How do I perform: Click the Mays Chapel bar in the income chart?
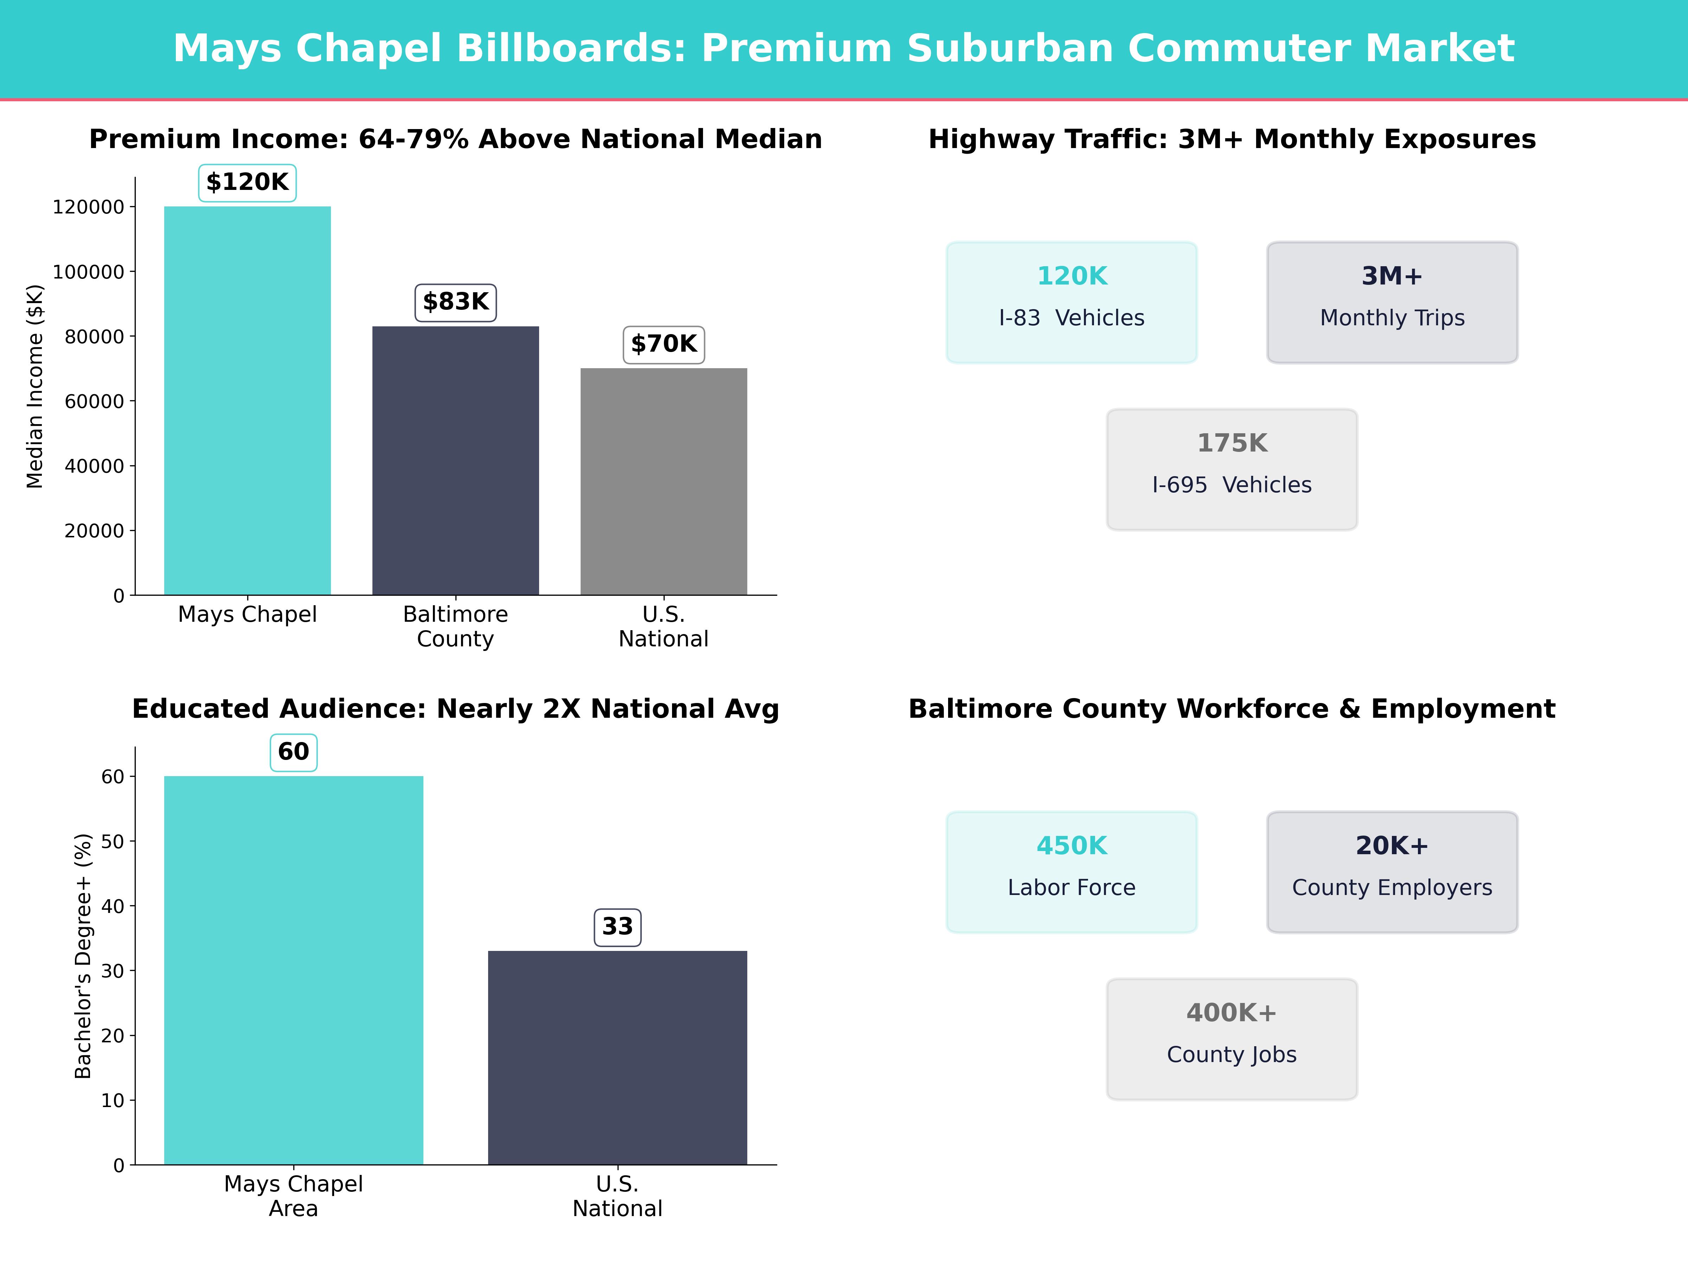coord(247,401)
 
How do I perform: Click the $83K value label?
coord(455,302)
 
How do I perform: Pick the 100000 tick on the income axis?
coord(88,272)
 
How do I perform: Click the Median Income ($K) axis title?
coord(35,386)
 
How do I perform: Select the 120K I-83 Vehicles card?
coord(1072,302)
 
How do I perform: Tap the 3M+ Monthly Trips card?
coord(1392,302)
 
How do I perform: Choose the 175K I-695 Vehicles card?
coord(1232,469)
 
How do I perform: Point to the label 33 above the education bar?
coord(618,927)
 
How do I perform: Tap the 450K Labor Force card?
coord(1072,871)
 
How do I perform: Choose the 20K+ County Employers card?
coord(1392,871)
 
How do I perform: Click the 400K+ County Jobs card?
coord(1232,1038)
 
